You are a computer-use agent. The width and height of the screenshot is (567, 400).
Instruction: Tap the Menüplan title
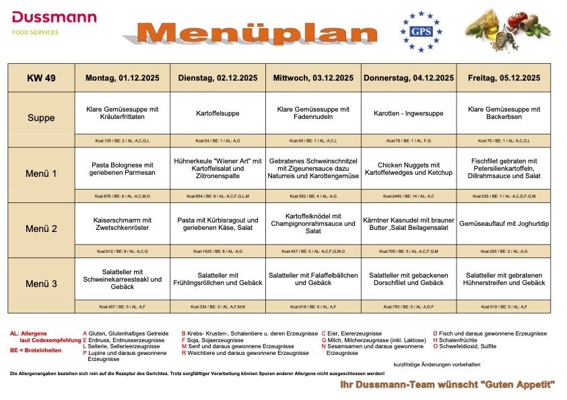[259, 33]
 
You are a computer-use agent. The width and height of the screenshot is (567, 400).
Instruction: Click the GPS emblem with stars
[421, 31]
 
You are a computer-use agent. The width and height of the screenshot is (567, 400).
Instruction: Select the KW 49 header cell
[41, 78]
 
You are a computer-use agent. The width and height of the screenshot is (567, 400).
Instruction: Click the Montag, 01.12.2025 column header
[123, 78]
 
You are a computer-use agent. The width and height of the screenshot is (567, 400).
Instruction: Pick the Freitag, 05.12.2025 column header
[504, 78]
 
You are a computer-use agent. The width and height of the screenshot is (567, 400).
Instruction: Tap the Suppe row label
[41, 118]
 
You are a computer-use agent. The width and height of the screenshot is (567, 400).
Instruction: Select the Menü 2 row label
[41, 229]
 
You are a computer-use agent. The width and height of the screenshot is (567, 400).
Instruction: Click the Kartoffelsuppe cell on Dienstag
[218, 114]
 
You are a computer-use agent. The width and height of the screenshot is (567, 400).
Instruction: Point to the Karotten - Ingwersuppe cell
[409, 114]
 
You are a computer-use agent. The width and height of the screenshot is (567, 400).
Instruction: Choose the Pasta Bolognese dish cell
[123, 169]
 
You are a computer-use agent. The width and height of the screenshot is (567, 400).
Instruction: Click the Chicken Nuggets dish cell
[409, 169]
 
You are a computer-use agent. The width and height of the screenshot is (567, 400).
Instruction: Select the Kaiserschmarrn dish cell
[123, 224]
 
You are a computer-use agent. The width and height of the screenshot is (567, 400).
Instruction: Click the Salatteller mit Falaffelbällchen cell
[313, 279]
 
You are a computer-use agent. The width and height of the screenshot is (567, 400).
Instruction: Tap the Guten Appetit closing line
[447, 385]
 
